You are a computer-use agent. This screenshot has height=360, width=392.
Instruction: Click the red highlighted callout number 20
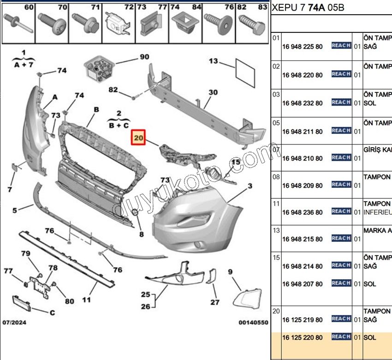139,138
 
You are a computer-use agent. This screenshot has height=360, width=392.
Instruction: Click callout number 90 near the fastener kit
144,57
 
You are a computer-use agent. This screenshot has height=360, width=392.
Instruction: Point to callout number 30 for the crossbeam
213,92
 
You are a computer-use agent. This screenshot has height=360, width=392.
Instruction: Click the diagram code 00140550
253,323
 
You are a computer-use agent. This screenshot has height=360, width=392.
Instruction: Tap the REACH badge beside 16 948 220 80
341,74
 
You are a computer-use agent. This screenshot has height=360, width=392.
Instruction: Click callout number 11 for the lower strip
86,299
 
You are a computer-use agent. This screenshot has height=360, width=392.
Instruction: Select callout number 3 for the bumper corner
250,186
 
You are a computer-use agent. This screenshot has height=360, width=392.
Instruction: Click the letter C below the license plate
52,312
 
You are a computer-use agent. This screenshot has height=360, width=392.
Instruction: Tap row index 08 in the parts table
276,177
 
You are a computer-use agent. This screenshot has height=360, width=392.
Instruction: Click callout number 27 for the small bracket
215,302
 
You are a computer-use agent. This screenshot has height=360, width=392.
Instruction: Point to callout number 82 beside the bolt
113,90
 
